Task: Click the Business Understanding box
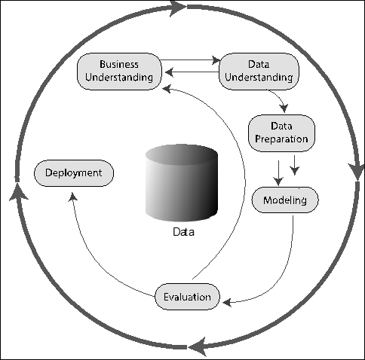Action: pos(119,72)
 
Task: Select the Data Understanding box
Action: pos(259,72)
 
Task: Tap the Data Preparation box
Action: pos(281,133)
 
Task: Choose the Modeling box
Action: pos(285,200)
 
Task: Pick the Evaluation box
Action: pos(187,297)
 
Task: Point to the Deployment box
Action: pos(74,173)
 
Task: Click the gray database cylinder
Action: pos(182,183)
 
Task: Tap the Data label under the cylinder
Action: pos(184,232)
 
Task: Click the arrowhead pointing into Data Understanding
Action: pos(216,60)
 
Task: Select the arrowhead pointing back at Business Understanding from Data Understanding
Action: pos(169,72)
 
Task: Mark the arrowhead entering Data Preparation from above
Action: pos(284,108)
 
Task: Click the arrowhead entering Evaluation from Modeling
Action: pos(227,302)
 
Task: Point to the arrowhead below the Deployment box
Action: pos(73,197)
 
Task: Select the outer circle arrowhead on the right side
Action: pos(357,172)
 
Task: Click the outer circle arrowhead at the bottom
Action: pos(198,347)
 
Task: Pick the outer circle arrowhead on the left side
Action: pos(17,192)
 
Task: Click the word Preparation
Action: pos(281,139)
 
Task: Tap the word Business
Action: pos(119,64)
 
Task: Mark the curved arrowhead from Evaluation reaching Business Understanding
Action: pos(167,89)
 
